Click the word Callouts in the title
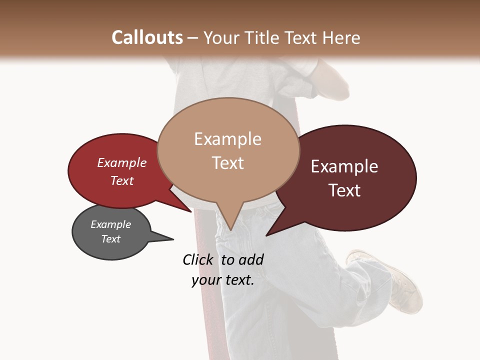[x=147, y=37]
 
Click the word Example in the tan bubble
[x=227, y=139]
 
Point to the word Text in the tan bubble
[x=227, y=163]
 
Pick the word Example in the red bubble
[x=122, y=163]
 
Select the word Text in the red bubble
[x=122, y=180]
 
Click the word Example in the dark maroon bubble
[x=344, y=166]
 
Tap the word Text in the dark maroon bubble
[x=344, y=190]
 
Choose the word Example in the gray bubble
[x=111, y=224]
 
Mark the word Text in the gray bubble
[x=111, y=239]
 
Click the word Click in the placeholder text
[x=198, y=259]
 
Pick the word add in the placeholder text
[x=251, y=259]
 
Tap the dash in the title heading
[x=193, y=38]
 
